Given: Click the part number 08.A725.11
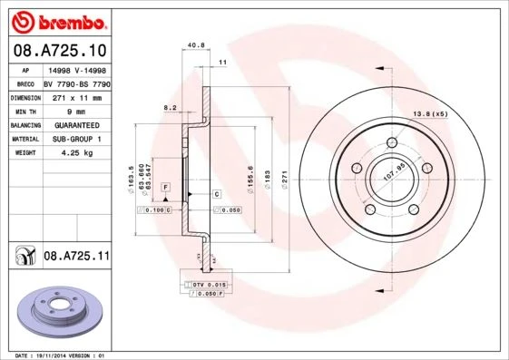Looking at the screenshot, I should [x=76, y=257].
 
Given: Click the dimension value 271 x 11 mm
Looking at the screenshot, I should [x=76, y=96].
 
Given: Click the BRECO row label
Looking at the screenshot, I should [x=25, y=83].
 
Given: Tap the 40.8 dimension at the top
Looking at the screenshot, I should [x=193, y=44].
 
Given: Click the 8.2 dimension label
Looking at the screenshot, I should [x=169, y=108].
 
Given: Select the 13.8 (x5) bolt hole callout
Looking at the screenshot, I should [x=431, y=113].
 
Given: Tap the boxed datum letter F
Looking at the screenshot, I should [x=166, y=187].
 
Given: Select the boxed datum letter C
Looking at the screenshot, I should [x=218, y=195].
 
